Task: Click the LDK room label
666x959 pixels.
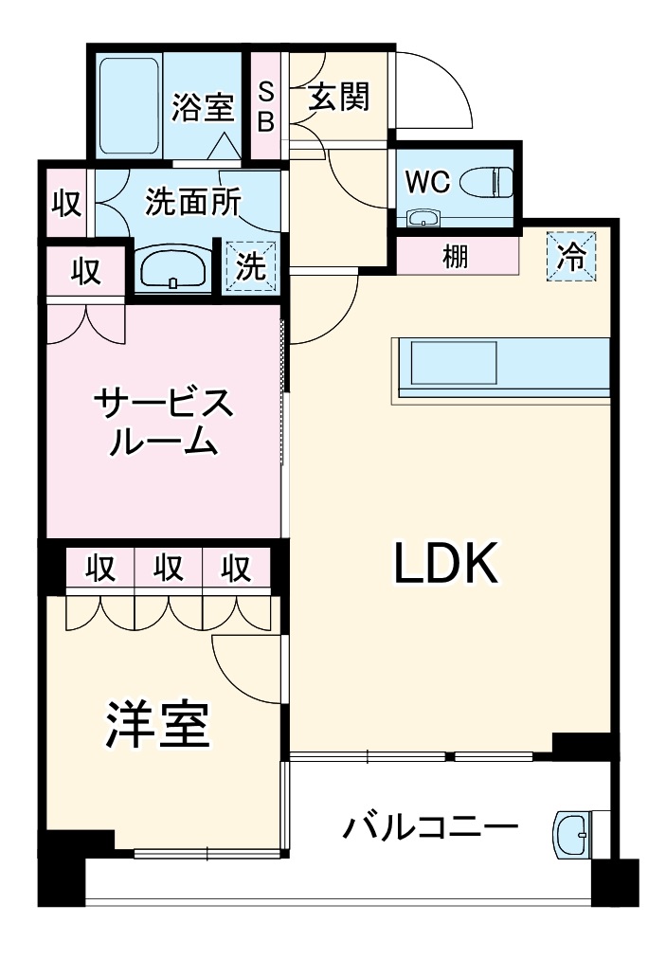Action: (445, 566)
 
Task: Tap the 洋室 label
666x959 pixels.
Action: (157, 725)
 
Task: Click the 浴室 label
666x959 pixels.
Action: (202, 107)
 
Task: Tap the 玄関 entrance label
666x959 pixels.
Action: (338, 97)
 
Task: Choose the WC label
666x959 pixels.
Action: (427, 182)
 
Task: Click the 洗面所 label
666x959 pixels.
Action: (192, 202)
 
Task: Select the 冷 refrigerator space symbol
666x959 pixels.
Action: (571, 257)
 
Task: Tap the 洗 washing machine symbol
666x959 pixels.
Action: (251, 266)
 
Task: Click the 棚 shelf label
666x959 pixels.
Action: (456, 256)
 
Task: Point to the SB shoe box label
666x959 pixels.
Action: (266, 107)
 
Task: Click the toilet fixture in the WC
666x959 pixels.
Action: (488, 180)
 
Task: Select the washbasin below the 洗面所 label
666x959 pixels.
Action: (172, 271)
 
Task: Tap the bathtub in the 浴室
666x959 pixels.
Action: (131, 106)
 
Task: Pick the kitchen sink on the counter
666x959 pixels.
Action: (451, 363)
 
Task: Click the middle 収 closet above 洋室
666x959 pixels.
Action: (169, 569)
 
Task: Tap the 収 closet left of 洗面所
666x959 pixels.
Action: (65, 203)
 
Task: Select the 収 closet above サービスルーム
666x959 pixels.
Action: (85, 272)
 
